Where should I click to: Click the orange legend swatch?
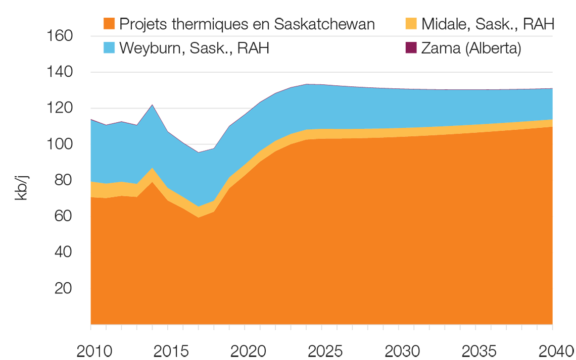(x=100, y=23)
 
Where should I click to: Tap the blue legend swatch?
(x=100, y=51)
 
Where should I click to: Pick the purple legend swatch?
(x=404, y=51)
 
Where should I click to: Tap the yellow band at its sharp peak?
(x=153, y=174)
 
